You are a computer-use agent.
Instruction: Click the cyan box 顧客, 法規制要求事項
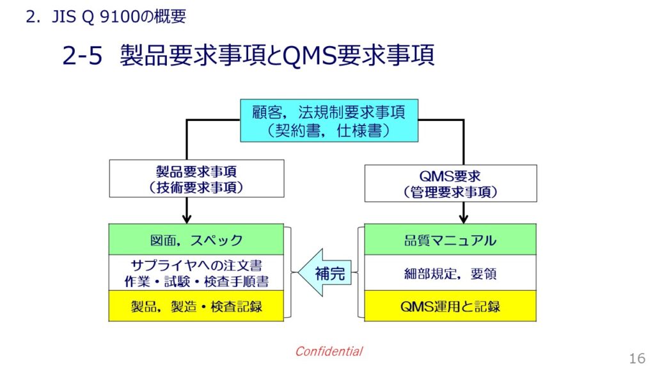(x=329, y=120)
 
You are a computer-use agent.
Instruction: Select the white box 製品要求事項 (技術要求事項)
(x=197, y=179)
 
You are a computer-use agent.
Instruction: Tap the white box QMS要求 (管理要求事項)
(x=451, y=183)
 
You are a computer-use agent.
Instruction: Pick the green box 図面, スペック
(x=196, y=240)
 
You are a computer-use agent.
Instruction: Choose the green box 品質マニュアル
(x=450, y=240)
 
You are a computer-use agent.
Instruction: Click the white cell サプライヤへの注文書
(x=196, y=273)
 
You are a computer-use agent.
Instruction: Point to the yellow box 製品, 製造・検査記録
(x=196, y=306)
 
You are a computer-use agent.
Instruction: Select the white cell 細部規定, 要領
(x=450, y=273)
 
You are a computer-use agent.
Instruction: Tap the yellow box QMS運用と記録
(x=450, y=306)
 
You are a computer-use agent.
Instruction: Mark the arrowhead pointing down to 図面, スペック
(x=187, y=219)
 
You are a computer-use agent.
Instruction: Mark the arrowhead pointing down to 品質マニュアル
(x=463, y=219)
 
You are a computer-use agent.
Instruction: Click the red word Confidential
(x=329, y=352)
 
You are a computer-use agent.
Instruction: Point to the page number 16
(x=638, y=359)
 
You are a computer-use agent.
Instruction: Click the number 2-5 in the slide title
(x=83, y=56)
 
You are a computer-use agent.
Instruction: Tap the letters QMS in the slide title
(x=310, y=56)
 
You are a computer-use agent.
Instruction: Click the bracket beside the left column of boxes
(x=288, y=272)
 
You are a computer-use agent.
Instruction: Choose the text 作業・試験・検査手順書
(x=196, y=282)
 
